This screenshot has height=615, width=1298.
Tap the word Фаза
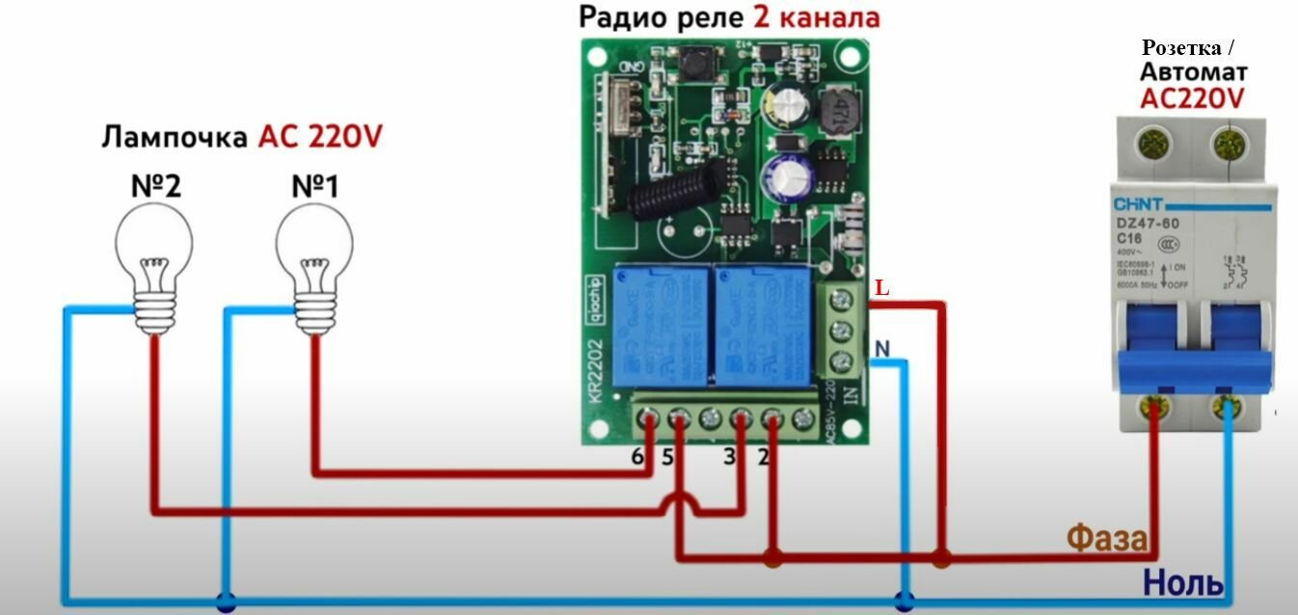pyautogui.click(x=1107, y=539)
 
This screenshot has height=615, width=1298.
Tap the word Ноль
pyautogui.click(x=1183, y=582)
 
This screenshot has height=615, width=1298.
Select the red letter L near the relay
pyautogui.click(x=881, y=288)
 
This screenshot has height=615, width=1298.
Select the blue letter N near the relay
pyautogui.click(x=881, y=347)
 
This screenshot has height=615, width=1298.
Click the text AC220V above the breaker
pyautogui.click(x=1192, y=97)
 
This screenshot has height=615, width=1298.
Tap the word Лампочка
pyautogui.click(x=174, y=137)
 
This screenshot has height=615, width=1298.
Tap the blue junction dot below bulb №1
pyautogui.click(x=226, y=602)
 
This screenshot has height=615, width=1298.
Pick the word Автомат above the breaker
pyautogui.click(x=1193, y=72)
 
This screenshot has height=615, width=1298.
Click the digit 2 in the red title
pyautogui.click(x=761, y=17)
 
